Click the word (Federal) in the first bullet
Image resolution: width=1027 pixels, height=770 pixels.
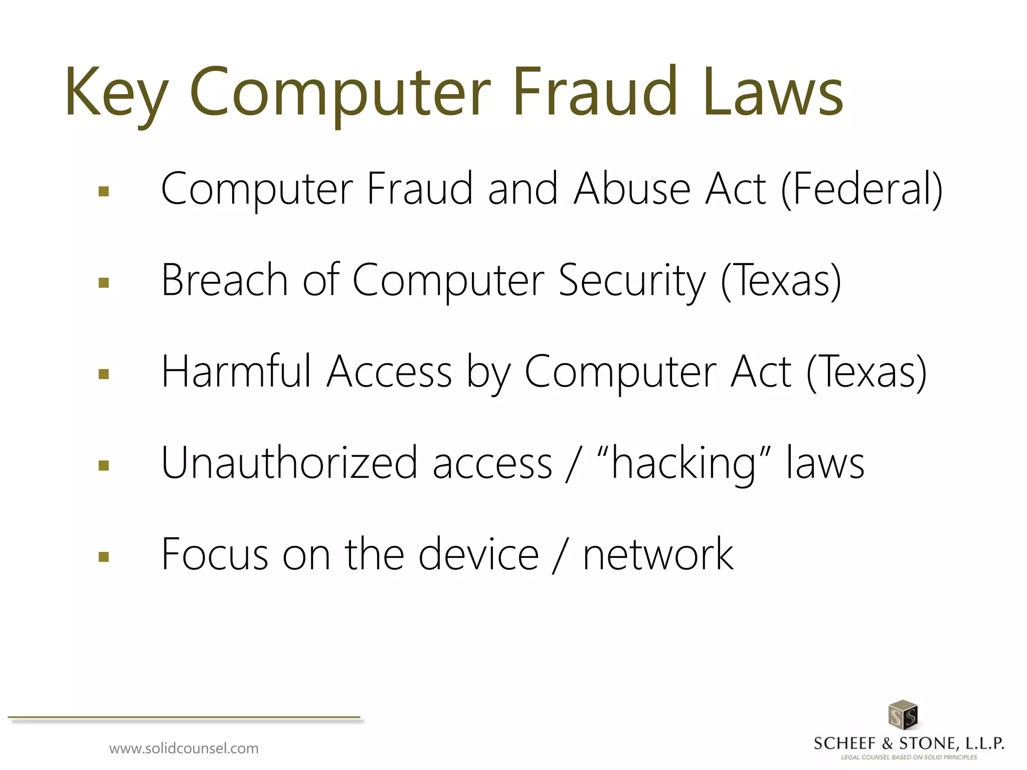click(x=862, y=189)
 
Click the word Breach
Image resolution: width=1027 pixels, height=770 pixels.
click(x=224, y=280)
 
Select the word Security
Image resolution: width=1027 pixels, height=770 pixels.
click(x=632, y=281)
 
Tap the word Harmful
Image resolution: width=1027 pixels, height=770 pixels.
click(x=236, y=371)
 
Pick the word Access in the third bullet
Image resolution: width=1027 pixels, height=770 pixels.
click(x=389, y=372)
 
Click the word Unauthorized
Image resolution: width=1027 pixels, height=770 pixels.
click(x=289, y=463)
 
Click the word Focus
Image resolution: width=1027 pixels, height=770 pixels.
click(x=214, y=554)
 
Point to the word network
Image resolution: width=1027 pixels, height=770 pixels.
click(x=658, y=554)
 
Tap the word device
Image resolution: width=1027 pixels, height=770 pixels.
click(x=478, y=554)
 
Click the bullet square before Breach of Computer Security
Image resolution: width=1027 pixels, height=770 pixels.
click(x=104, y=283)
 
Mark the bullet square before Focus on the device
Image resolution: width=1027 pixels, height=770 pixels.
click(x=104, y=556)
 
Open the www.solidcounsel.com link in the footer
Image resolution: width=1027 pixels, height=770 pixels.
click(x=184, y=748)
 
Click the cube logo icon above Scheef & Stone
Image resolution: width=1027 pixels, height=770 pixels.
click(x=902, y=715)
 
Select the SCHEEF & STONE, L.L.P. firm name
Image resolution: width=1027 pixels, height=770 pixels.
click(x=908, y=743)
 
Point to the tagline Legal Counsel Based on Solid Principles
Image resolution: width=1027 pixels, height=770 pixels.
click(x=909, y=757)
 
